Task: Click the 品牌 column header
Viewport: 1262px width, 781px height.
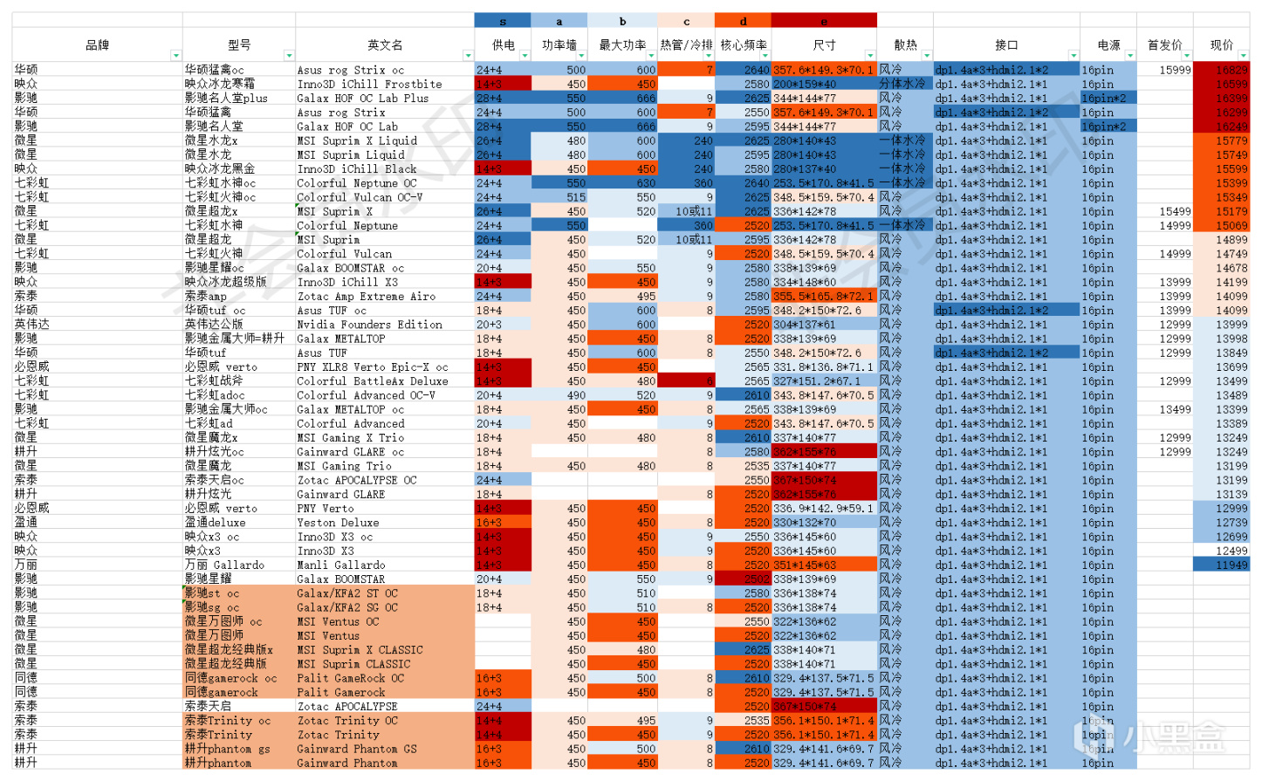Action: click(97, 45)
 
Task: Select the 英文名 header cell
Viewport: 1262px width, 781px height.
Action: click(384, 45)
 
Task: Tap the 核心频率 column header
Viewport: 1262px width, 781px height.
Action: click(743, 45)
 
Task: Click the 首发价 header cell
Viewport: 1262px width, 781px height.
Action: click(1164, 45)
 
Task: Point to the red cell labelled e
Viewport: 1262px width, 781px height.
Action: click(824, 21)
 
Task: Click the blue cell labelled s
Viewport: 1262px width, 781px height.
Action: click(503, 21)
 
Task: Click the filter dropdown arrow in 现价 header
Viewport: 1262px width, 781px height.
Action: click(1243, 56)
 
